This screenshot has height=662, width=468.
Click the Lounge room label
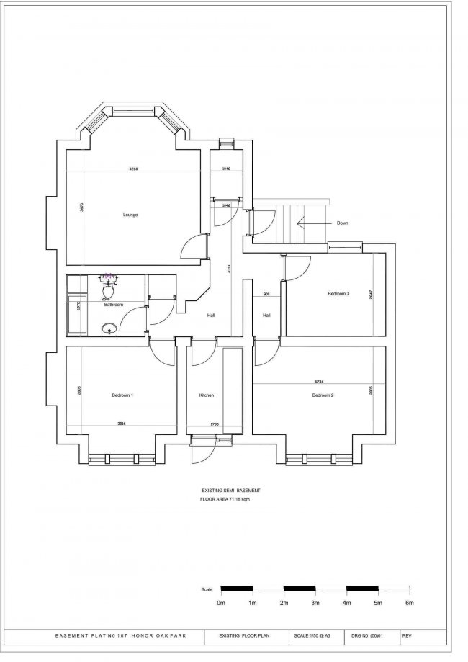point(130,215)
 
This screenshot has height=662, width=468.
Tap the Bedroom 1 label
point(122,395)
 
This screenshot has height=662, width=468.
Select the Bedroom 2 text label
point(323,395)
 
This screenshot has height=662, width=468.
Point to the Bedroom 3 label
point(338,294)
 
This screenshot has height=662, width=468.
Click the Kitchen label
point(207,395)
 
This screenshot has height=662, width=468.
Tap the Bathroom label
point(114,305)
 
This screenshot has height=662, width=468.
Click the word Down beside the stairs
point(342,223)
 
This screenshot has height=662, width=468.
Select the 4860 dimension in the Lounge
point(133,169)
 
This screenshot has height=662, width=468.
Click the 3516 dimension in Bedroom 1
point(122,424)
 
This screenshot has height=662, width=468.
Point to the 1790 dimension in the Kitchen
point(214,424)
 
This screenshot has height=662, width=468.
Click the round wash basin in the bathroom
point(107,329)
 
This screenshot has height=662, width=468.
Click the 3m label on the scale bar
point(315,602)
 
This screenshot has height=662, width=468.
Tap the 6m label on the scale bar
point(409,602)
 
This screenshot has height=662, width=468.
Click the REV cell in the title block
point(407,637)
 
